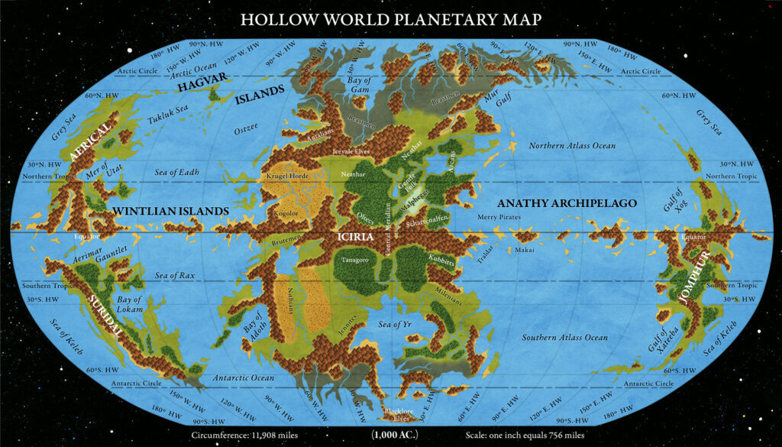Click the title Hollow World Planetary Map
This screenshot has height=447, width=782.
tap(391, 18)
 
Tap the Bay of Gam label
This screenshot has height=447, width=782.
tap(359, 85)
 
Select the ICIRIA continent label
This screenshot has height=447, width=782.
tap(356, 238)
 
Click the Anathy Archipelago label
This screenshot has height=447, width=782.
tap(567, 204)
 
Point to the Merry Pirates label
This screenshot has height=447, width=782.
tap(498, 218)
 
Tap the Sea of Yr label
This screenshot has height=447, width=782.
tap(395, 325)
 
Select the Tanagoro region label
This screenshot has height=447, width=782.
tap(354, 259)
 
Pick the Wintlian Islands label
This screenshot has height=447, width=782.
tap(170, 210)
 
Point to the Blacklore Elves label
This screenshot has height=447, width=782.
tap(397, 413)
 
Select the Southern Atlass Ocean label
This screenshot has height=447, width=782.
tap(565, 337)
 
